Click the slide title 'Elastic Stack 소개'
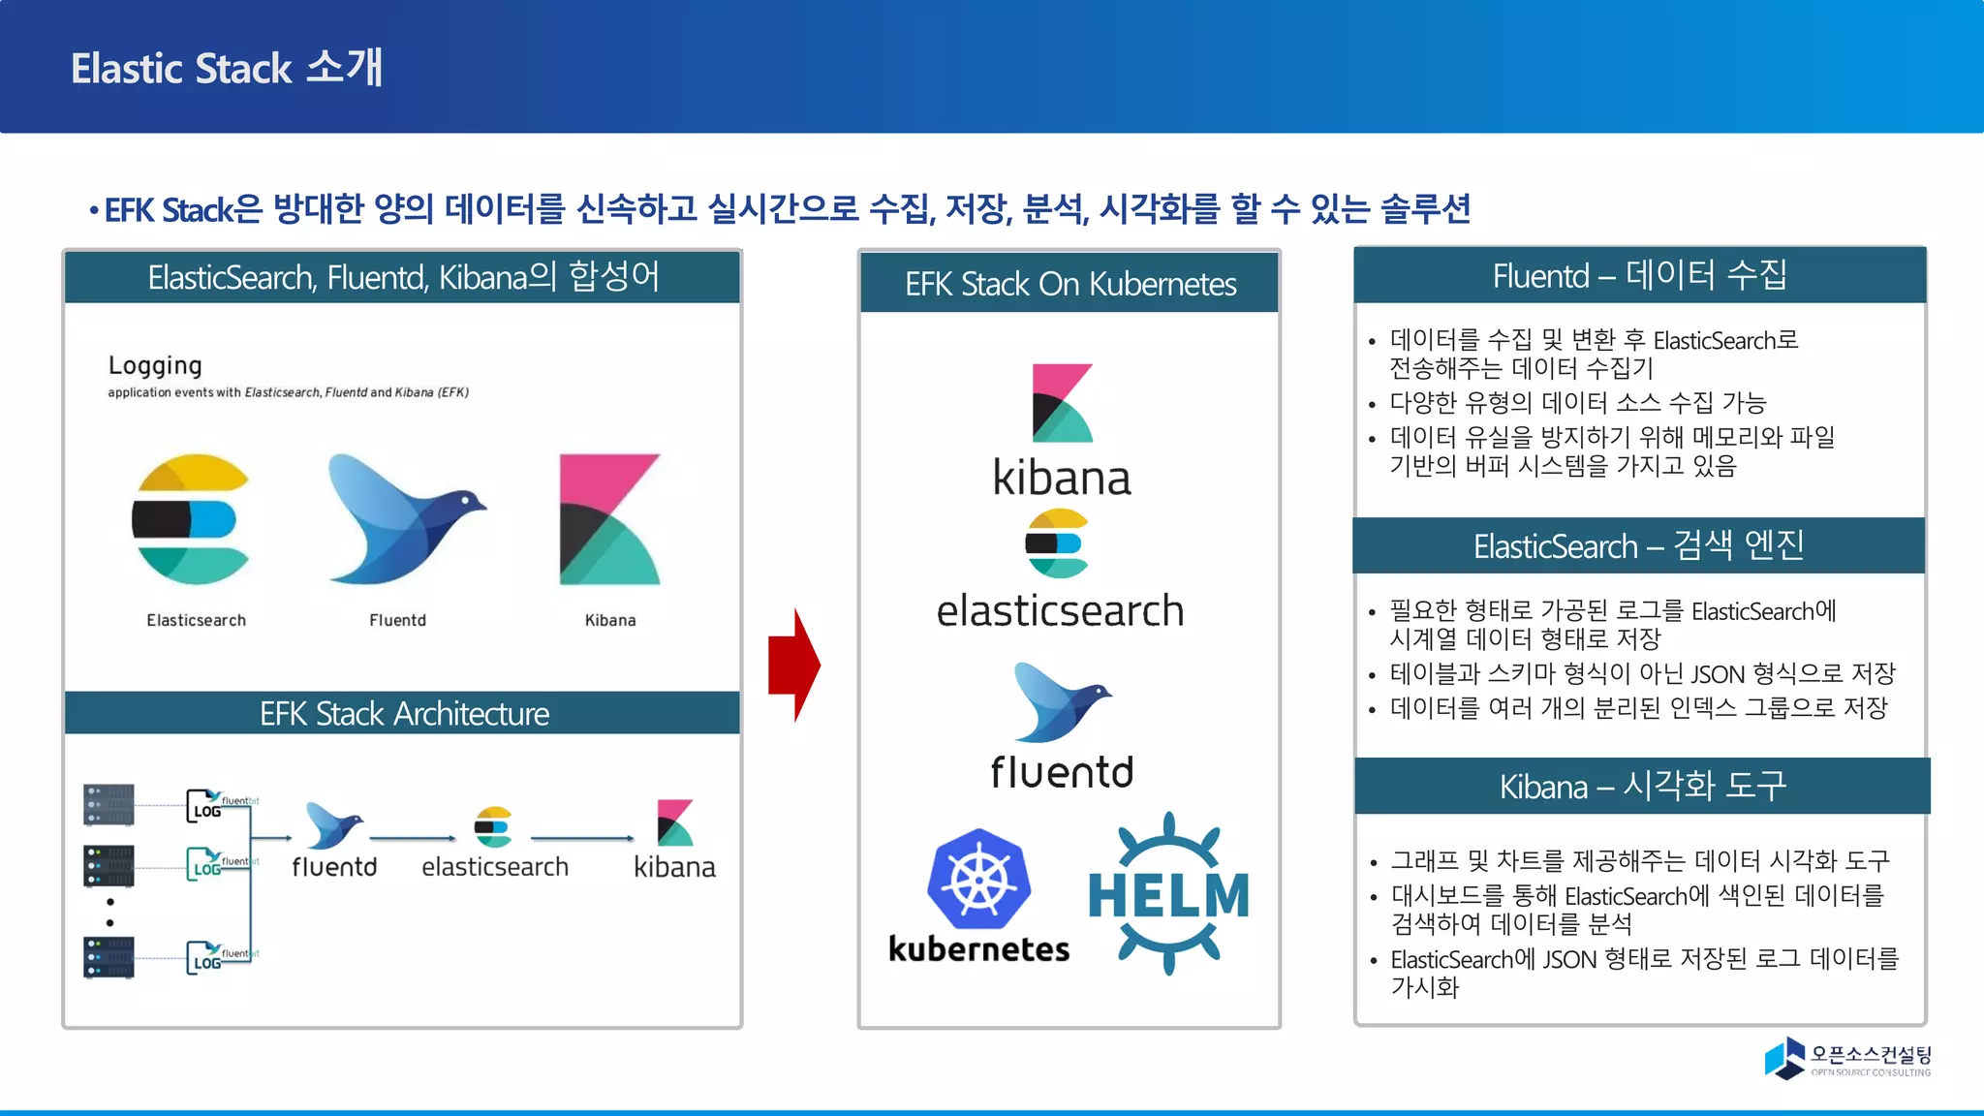click(x=227, y=68)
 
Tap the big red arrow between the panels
click(x=793, y=666)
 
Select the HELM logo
click(x=1168, y=893)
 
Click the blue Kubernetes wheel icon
click(x=978, y=880)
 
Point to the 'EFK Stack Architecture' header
click(x=403, y=714)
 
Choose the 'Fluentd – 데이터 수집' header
click(x=1639, y=276)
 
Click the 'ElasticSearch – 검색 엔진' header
click(x=1638, y=546)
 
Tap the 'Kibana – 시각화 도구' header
click(x=1642, y=787)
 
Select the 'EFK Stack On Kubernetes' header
click(x=1069, y=284)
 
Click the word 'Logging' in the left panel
click(x=155, y=366)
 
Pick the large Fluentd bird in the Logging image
click(x=403, y=518)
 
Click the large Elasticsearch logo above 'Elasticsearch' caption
click(x=192, y=519)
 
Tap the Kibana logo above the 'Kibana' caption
click(x=609, y=519)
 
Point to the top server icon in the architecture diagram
click(x=108, y=804)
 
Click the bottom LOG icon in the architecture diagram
click(x=207, y=957)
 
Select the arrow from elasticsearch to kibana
click(x=582, y=838)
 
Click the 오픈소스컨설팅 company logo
click(x=1846, y=1058)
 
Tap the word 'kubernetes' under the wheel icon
click(x=978, y=949)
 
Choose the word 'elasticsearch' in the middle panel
click(x=1060, y=611)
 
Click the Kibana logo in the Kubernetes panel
click(x=1062, y=403)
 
